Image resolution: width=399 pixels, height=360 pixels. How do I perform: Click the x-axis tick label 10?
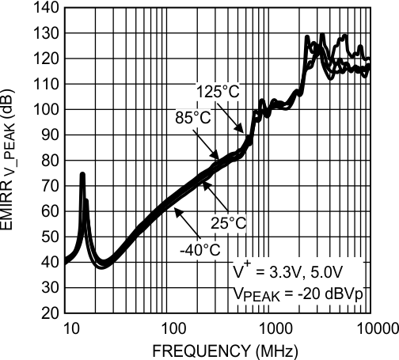pos(68,328)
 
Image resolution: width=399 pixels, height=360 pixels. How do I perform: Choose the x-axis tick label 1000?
pos(272,328)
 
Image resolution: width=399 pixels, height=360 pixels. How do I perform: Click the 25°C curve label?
pos(229,222)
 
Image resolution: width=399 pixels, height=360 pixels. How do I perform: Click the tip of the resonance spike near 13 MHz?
pos(82,174)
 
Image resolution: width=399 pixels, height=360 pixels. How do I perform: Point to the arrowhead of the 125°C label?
pos(243,130)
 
